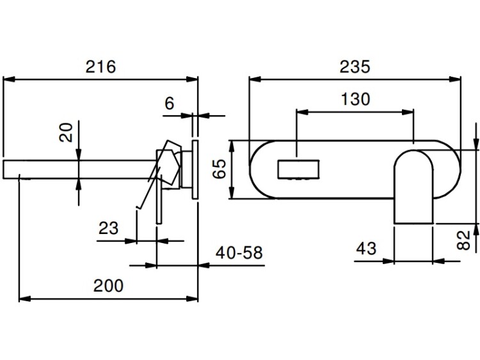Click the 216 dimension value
(100, 67)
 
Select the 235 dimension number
(355, 67)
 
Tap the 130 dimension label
(355, 99)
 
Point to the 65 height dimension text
(220, 169)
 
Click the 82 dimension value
(463, 240)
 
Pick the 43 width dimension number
(366, 248)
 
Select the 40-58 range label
(239, 253)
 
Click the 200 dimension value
(108, 286)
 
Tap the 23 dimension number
(108, 228)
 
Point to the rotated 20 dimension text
(66, 132)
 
